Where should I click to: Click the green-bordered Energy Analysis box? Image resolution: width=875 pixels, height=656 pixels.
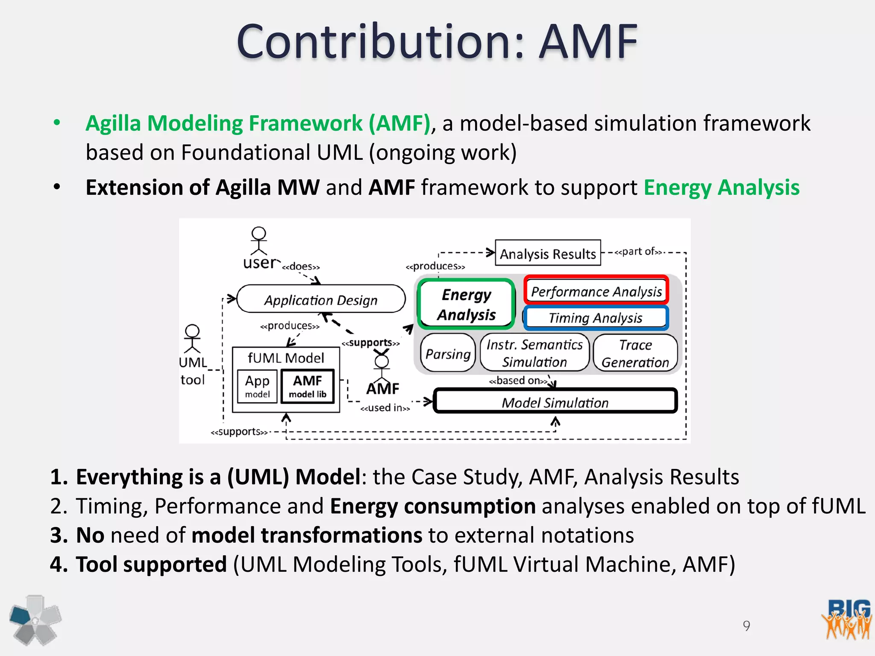pos(466,304)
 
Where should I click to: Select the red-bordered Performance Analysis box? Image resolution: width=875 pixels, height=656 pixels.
pos(596,291)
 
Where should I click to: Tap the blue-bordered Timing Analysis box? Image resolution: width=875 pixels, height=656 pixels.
pos(596,318)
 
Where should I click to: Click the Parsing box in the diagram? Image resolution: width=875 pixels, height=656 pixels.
pos(448,353)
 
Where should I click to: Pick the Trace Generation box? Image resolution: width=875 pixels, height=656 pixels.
pos(635,353)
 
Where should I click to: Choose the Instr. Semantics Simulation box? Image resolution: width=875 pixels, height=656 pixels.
pos(534,353)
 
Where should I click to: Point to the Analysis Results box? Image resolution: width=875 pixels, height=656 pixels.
pos(548,253)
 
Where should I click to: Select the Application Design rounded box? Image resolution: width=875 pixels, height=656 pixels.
pos(320,299)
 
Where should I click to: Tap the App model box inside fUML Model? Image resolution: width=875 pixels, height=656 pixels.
pos(257,386)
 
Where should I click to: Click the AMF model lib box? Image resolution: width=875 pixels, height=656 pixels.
pos(307,386)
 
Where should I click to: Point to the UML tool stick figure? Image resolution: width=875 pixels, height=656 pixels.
pos(192,339)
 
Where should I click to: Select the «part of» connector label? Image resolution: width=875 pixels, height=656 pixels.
pos(638,252)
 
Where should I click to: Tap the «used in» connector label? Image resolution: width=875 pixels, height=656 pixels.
pos(385,408)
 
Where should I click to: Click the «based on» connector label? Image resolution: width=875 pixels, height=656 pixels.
pos(518,381)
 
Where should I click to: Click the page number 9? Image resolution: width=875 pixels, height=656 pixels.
pos(746,626)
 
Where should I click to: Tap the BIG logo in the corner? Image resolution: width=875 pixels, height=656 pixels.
pos(846,619)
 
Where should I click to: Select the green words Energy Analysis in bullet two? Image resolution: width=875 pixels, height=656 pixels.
pos(721,187)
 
